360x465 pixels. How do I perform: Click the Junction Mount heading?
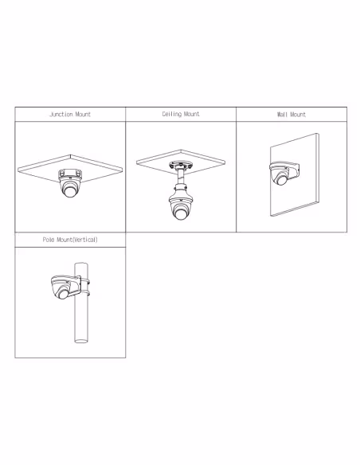pos(70,114)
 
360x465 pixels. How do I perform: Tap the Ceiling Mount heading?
pos(181,114)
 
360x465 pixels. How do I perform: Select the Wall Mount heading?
pos(292,115)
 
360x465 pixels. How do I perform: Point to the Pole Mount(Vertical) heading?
pos(70,240)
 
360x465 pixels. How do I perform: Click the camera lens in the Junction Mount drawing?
pos(70,192)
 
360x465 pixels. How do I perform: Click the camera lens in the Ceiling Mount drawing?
pos(180,214)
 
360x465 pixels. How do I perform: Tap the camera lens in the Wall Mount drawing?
pos(281,180)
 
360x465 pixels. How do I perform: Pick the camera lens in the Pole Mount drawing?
pos(63,294)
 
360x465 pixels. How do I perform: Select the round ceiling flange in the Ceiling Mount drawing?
pos(180,165)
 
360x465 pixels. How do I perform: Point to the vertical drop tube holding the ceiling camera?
pos(180,177)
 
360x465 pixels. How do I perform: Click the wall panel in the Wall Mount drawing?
pos(295,175)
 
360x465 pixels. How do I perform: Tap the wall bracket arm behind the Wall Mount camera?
pos(294,171)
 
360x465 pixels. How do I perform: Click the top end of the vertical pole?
pos(81,264)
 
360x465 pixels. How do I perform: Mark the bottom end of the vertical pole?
pos(81,341)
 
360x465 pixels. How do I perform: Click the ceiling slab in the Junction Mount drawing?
pos(70,169)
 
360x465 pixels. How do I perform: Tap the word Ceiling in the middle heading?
pos(172,114)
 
